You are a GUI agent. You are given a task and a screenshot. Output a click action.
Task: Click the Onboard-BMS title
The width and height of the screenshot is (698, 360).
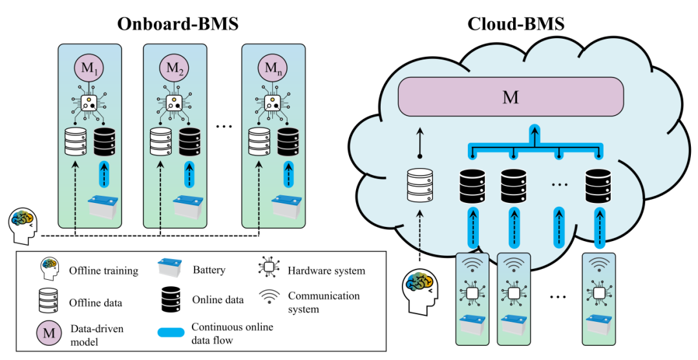178,24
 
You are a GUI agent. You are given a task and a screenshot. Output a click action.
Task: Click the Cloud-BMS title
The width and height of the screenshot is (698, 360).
516,24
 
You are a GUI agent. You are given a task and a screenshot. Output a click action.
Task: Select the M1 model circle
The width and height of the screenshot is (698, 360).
89,67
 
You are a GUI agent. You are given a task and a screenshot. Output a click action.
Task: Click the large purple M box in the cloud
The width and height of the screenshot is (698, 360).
511,98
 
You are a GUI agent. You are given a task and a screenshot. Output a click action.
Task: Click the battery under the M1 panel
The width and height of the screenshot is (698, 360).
103,207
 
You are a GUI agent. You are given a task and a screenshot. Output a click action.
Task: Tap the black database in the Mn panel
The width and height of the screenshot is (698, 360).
288,141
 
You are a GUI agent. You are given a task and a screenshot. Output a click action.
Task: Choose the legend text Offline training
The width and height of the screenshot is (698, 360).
103,270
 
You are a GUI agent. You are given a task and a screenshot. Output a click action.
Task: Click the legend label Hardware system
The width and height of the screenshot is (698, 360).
326,270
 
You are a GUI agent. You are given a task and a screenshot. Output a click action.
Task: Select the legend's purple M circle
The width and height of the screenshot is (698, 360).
47,333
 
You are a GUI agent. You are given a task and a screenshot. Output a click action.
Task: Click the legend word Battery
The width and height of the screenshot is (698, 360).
209,270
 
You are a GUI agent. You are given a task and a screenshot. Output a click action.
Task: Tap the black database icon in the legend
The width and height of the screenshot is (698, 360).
171,299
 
